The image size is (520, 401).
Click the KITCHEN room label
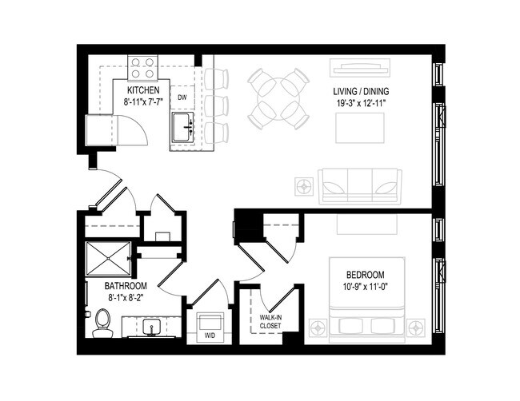[x=146, y=90]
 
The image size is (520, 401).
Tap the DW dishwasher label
[x=182, y=97]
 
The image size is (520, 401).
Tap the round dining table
[x=278, y=99]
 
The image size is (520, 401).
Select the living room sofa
[x=358, y=185]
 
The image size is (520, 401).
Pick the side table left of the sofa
[x=304, y=186]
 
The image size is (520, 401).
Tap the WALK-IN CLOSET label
[x=270, y=321]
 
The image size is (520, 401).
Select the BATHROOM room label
[x=124, y=286]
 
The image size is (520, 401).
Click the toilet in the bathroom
[x=102, y=323]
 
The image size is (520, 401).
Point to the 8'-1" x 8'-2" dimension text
[x=124, y=298]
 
